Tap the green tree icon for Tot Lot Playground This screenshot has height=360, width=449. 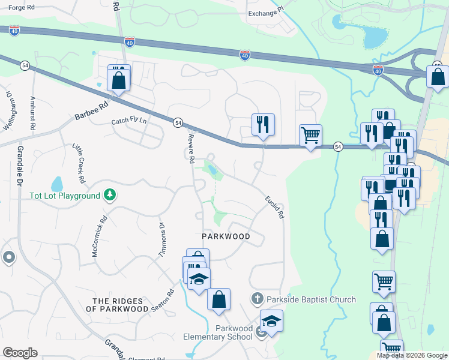pos(109,194)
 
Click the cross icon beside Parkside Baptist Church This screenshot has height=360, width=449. pos(257,298)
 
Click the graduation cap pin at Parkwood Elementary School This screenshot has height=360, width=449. pos(271,322)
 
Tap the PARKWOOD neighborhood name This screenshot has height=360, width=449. pos(226,236)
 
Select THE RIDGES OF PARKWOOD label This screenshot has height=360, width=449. pos(120,305)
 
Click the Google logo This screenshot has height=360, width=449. pos(20,352)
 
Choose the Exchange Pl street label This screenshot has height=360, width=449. pos(265,13)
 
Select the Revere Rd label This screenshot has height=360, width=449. pos(191,148)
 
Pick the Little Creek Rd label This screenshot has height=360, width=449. pos(79,163)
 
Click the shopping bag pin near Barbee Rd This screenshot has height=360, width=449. pos(119,79)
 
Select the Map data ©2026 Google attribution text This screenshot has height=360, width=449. pos(412,355)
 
